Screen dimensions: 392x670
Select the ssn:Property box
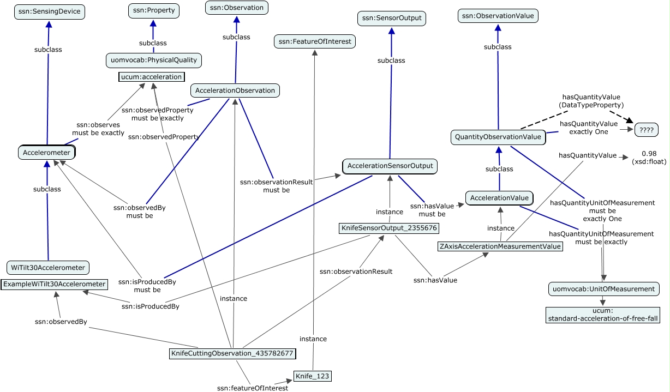pyautogui.click(x=153, y=10)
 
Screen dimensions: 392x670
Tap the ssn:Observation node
pyautogui.click(x=236, y=8)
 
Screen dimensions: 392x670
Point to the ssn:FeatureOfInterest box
pyautogui.click(x=315, y=41)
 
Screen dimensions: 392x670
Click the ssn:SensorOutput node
pyautogui.click(x=391, y=19)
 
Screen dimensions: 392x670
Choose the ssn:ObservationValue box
pyautogui.click(x=498, y=16)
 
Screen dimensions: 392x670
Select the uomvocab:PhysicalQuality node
pyautogui.click(x=153, y=61)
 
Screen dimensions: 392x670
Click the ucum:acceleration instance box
pyautogui.click(x=151, y=77)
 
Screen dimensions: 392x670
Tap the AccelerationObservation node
pyautogui.click(x=235, y=91)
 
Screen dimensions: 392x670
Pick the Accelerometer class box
pyautogui.click(x=47, y=153)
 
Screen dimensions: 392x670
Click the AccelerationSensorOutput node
pyautogui.click(x=390, y=166)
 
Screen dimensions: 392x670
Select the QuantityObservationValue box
pyautogui.click(x=498, y=137)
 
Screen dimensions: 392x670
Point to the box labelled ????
pyautogui.click(x=646, y=130)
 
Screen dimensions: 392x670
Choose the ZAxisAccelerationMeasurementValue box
pyautogui.click(x=500, y=246)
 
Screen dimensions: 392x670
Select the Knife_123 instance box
pyautogui.click(x=313, y=376)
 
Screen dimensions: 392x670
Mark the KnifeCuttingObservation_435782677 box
pyautogui.click(x=232, y=353)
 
